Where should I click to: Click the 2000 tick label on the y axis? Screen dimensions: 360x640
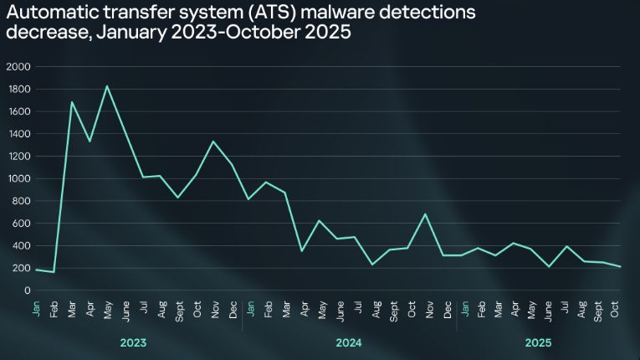pyautogui.click(x=18, y=67)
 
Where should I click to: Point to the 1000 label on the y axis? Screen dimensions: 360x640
pyautogui.click(x=18, y=178)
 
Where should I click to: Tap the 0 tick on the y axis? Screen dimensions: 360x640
pyautogui.click(x=27, y=291)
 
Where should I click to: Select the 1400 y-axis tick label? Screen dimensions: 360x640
pyautogui.click(x=18, y=134)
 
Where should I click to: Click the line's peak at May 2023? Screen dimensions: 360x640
pyautogui.click(x=107, y=86)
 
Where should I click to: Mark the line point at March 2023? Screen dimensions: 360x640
pyautogui.click(x=72, y=102)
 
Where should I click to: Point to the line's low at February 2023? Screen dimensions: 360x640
pyautogui.click(x=54, y=272)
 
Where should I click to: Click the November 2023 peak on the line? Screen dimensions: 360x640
pyautogui.click(x=213, y=141)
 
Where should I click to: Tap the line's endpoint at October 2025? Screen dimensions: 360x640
pyautogui.click(x=621, y=267)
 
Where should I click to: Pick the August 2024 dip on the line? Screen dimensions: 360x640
pyautogui.click(x=372, y=265)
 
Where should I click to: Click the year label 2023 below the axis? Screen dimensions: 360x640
pyautogui.click(x=134, y=343)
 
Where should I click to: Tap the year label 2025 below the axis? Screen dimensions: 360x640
pyautogui.click(x=539, y=343)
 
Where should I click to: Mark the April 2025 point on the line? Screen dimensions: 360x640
pyautogui.click(x=515, y=244)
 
